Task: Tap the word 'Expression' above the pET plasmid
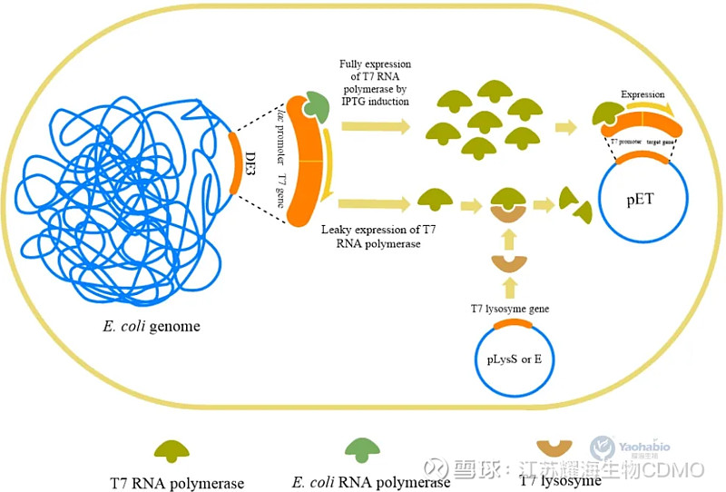point(643,94)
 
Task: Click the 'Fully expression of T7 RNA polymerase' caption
point(375,83)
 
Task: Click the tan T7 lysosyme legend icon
point(554,448)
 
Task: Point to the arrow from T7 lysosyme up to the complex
point(508,239)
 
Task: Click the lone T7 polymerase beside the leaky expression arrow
point(435,198)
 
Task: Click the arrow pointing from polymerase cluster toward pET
point(569,127)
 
